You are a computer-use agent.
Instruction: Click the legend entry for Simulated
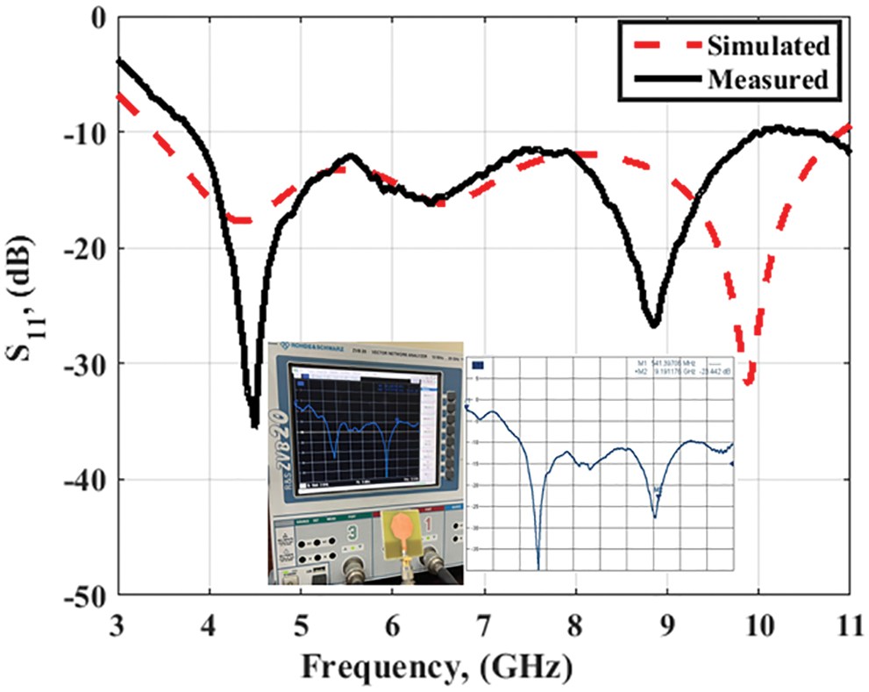(x=768, y=45)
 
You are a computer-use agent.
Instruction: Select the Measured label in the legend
(x=768, y=79)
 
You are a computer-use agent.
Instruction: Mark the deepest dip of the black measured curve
(x=254, y=425)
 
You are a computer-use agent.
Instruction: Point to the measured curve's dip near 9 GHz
(x=653, y=325)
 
